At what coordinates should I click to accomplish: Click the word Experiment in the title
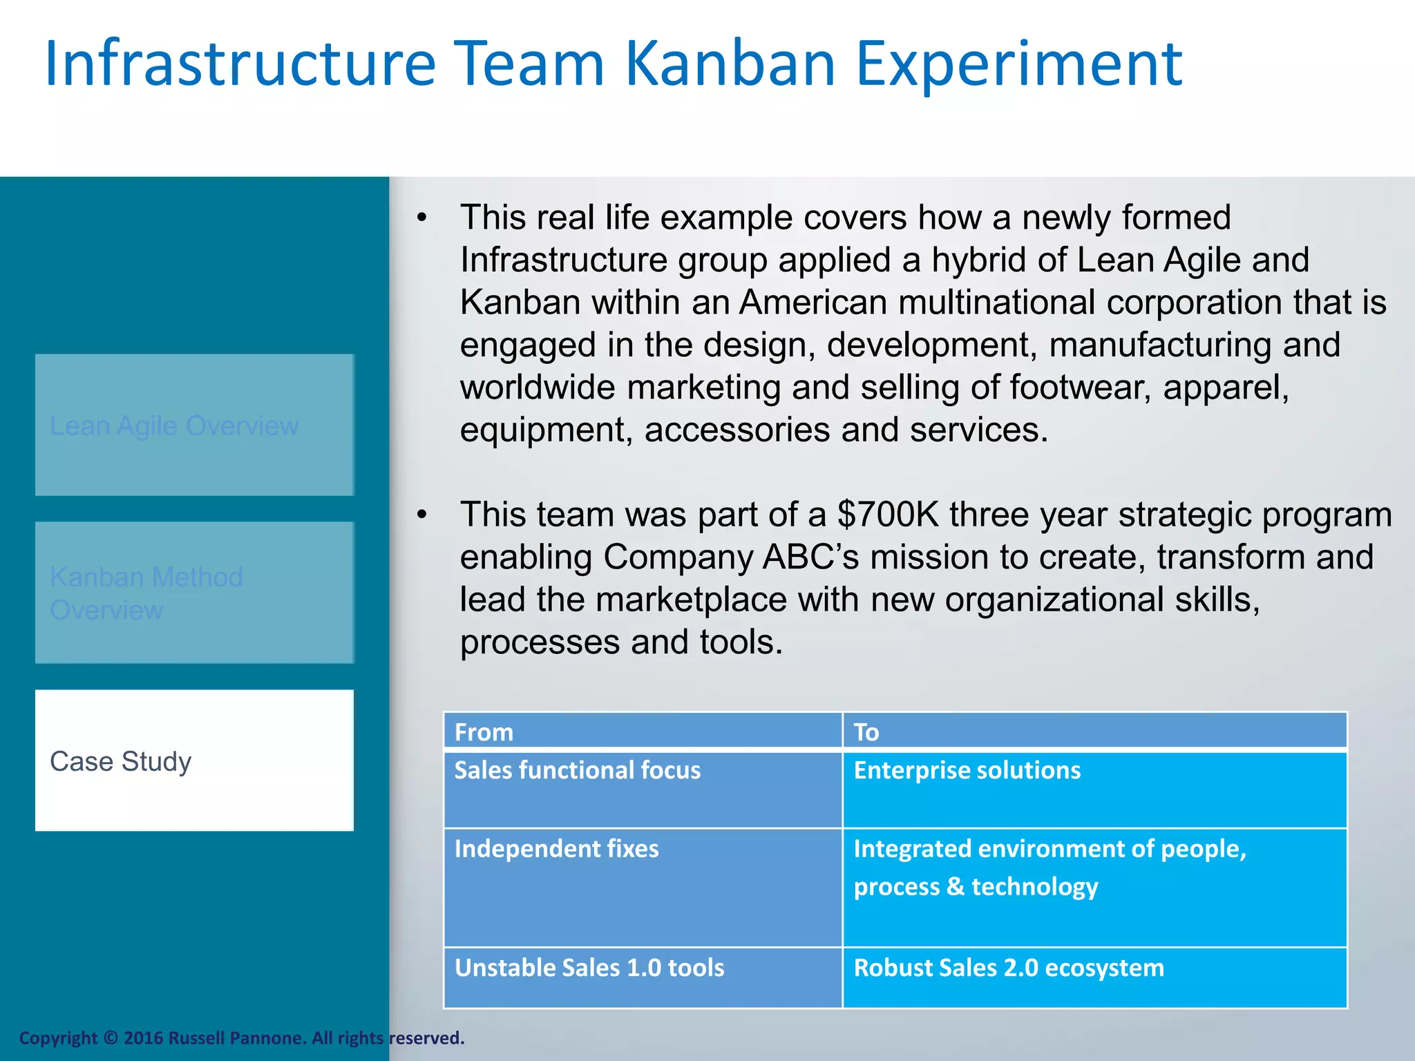1019,66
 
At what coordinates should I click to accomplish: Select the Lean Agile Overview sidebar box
194,425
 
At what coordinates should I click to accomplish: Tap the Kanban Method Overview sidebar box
194,593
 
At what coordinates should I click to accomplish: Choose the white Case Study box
194,761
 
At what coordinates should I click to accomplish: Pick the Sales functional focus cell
643,789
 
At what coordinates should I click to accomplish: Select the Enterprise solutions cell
1094,789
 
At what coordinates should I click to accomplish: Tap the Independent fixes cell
643,887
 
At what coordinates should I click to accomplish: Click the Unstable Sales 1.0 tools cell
643,977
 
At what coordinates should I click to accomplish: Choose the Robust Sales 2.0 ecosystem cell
1094,977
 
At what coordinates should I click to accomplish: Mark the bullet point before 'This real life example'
422,219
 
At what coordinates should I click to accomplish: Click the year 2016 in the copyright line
144,1038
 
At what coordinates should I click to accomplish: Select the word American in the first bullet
813,303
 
